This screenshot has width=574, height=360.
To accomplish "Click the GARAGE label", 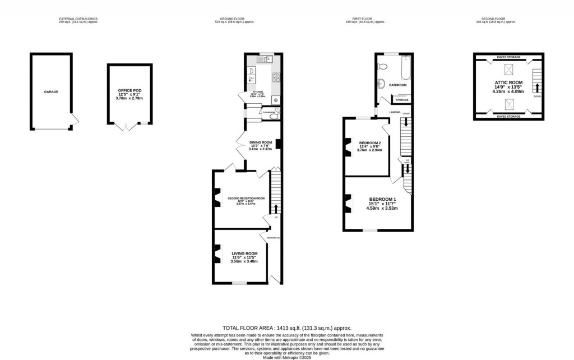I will [52, 92].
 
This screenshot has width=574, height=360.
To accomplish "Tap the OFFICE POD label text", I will [130, 90].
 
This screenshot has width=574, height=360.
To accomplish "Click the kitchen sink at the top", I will [263, 58].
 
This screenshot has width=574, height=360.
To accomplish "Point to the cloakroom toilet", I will [277, 112].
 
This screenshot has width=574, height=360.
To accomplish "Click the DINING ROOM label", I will [260, 142].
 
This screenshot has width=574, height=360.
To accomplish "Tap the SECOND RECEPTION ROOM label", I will [246, 198].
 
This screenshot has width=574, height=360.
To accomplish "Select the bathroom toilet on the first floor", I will [382, 66].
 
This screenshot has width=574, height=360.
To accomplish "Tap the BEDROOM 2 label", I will [369, 143].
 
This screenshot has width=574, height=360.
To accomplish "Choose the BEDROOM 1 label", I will [382, 200].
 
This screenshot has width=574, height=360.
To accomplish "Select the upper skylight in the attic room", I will [508, 70].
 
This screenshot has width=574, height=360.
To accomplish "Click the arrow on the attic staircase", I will [537, 87].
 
